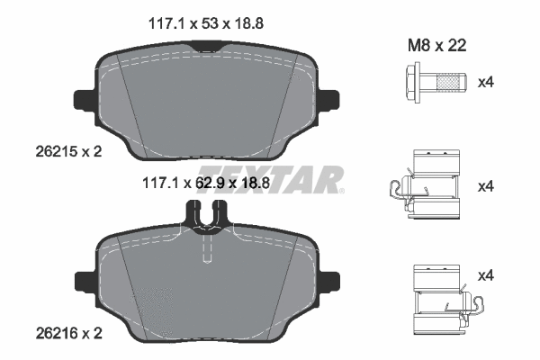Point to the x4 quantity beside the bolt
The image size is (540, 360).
(486, 83)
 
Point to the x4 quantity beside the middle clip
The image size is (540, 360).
(486, 187)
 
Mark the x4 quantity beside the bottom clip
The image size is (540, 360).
(486, 274)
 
